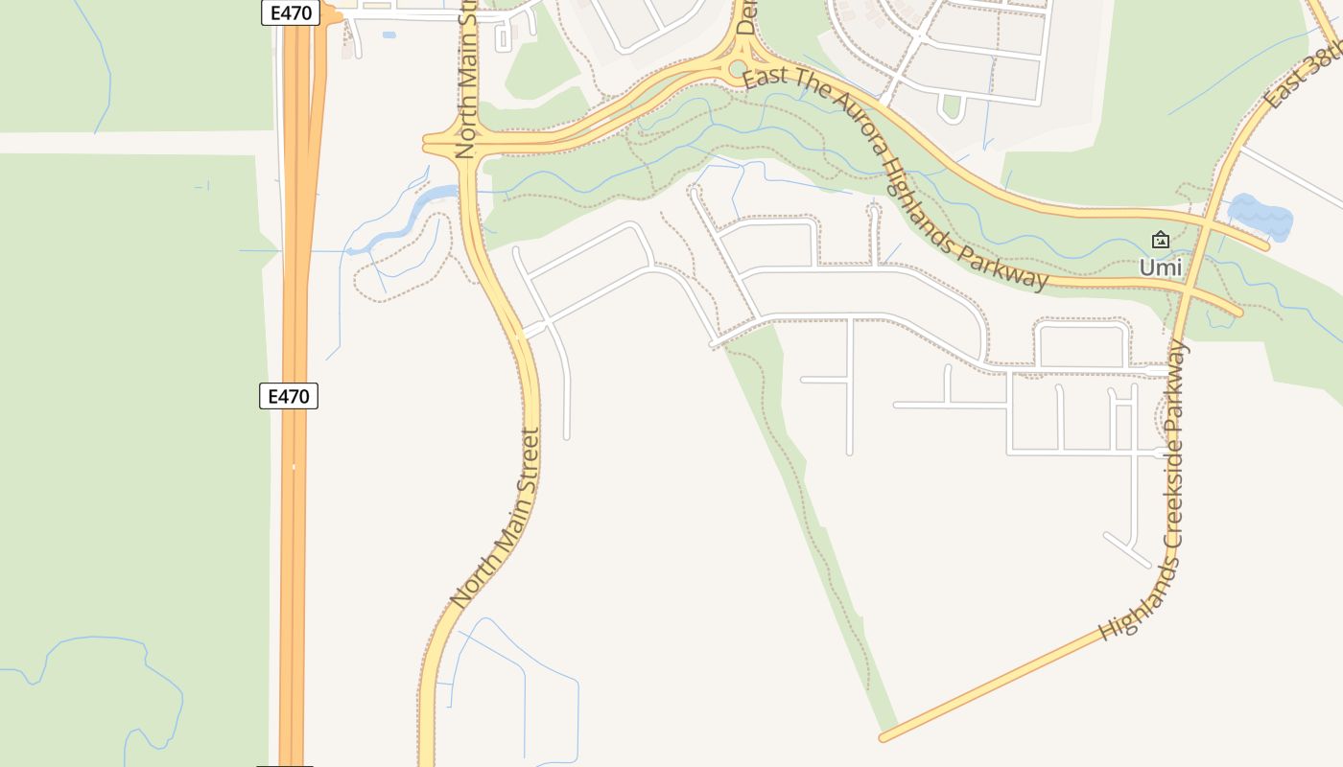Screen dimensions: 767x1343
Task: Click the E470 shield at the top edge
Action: [289, 12]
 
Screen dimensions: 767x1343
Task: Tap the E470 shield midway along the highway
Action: [289, 395]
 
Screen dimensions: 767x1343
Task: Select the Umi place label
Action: [1161, 267]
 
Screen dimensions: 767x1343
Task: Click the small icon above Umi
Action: [1161, 240]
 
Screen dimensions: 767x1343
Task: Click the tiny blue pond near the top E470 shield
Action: [389, 35]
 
